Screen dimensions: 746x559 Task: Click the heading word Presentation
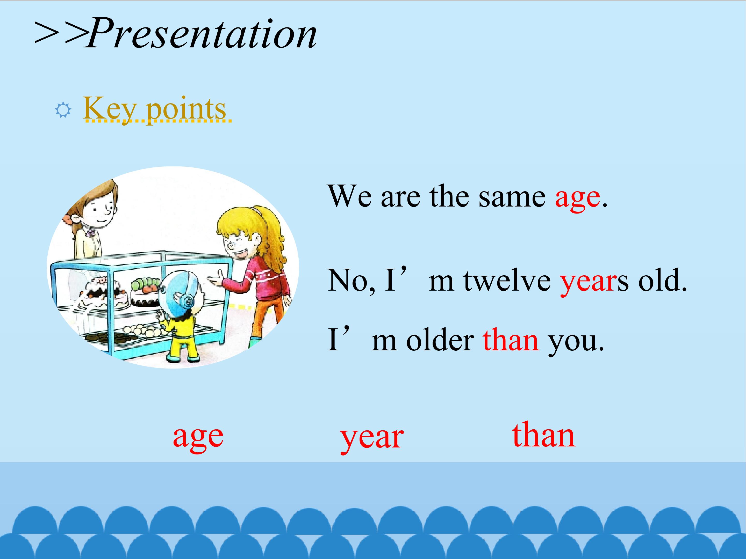tap(201, 33)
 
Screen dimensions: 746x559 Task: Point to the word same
tap(512, 196)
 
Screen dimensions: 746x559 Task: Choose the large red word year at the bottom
tap(372, 439)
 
